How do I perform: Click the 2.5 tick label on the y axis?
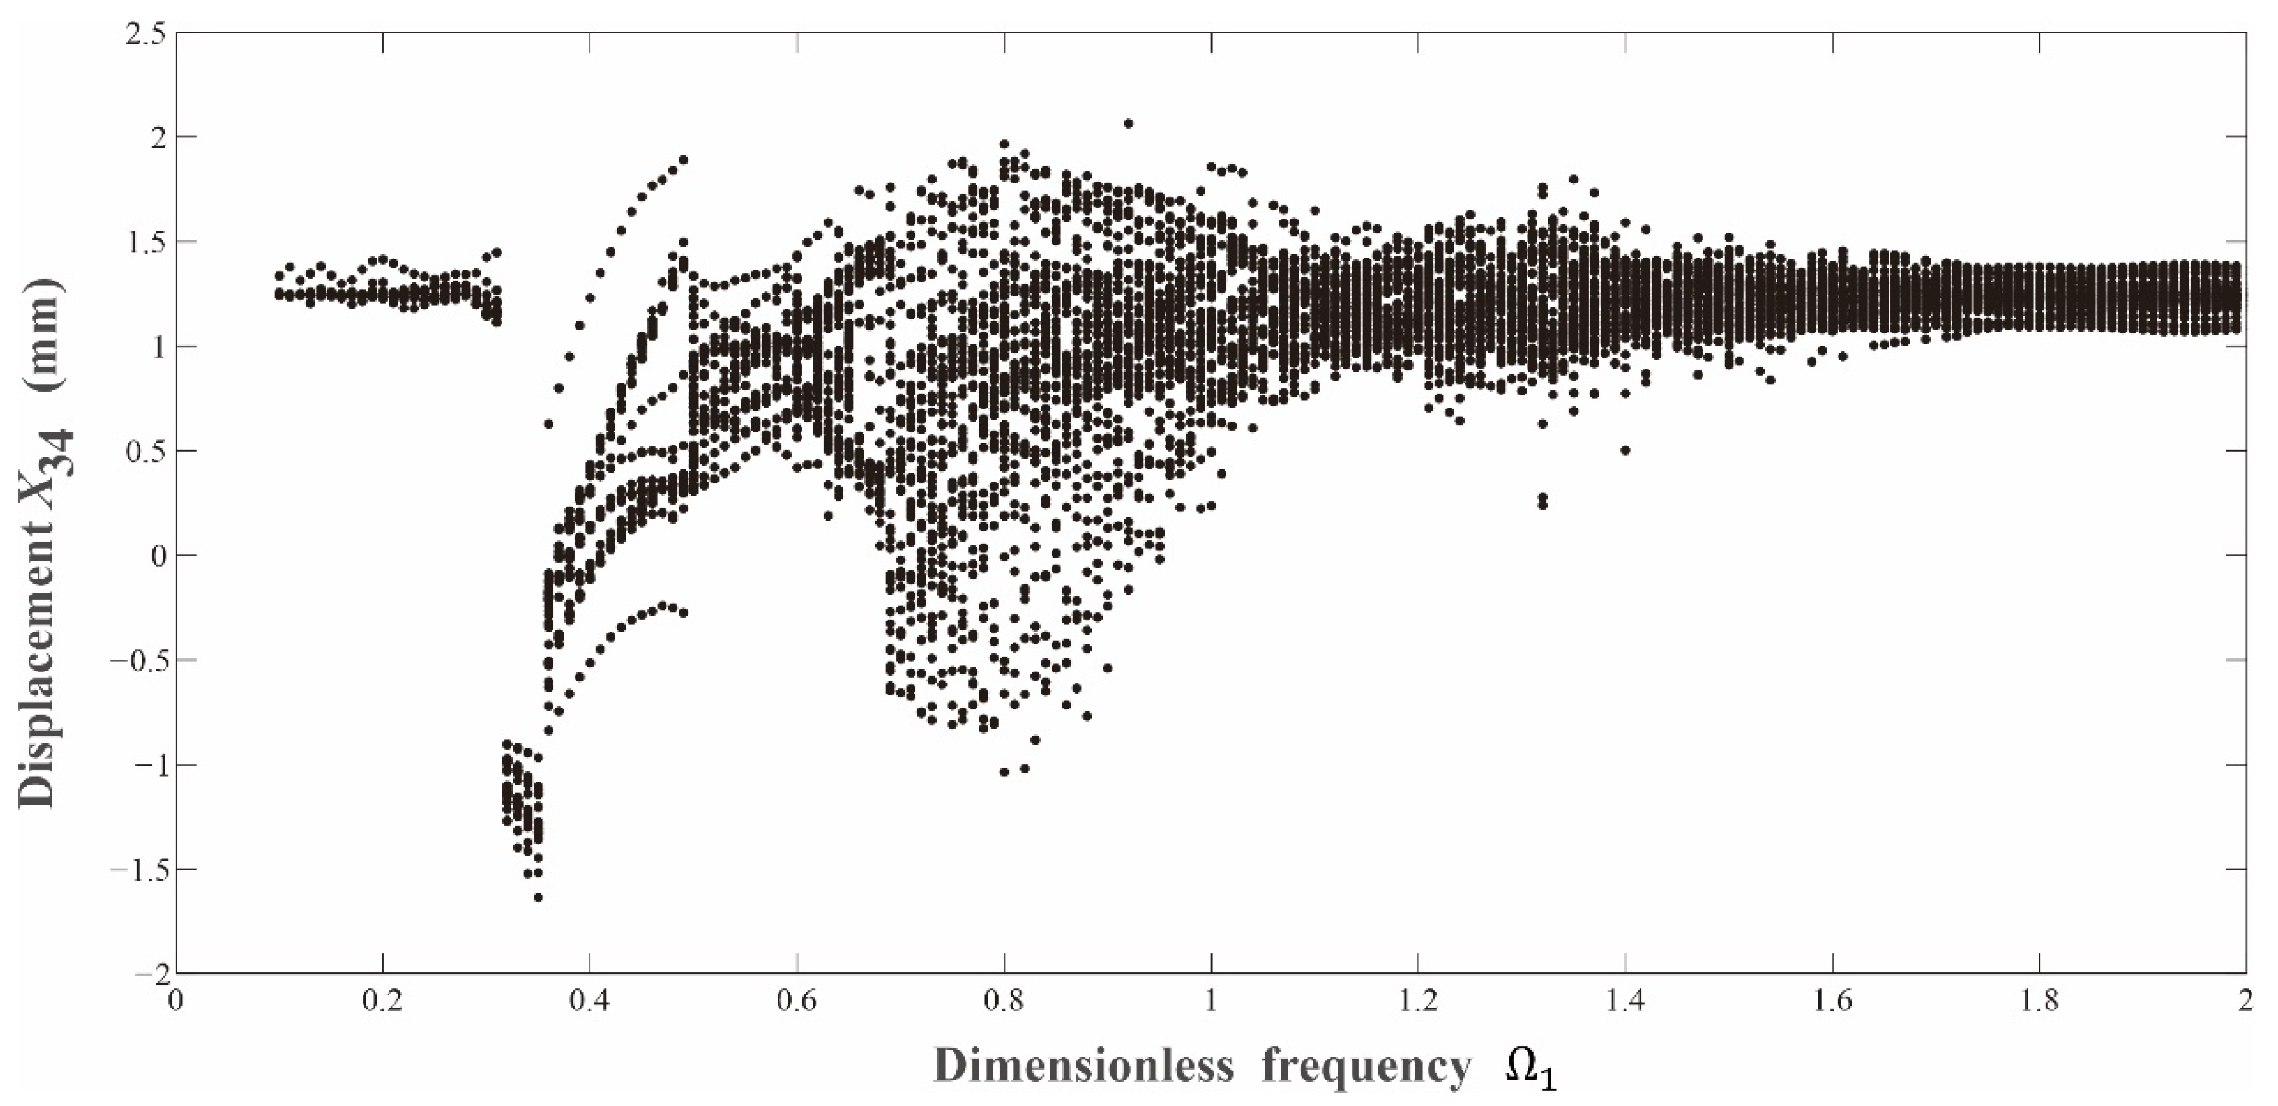point(147,33)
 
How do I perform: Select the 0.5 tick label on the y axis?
point(147,451)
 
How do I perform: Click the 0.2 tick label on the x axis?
point(383,1002)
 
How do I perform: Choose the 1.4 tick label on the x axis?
point(1626,1002)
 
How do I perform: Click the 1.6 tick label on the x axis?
point(1832,1002)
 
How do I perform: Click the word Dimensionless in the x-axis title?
point(1083,1066)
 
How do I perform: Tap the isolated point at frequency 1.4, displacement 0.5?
point(1626,451)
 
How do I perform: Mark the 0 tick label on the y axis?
point(157,555)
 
